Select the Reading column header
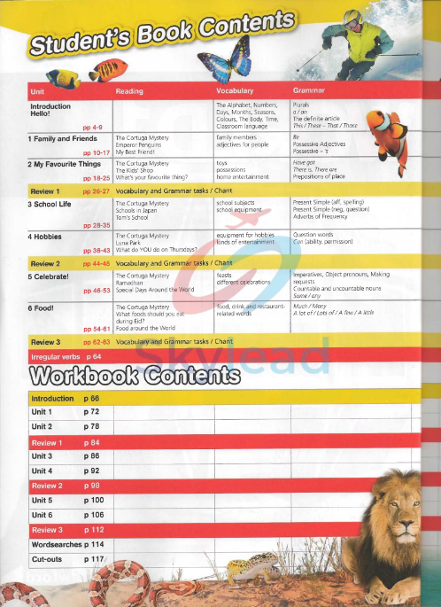pyautogui.click(x=130, y=91)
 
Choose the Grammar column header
pyautogui.click(x=308, y=91)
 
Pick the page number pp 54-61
pyautogui.click(x=95, y=328)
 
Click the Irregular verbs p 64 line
pyautogui.click(x=66, y=356)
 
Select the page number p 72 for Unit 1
pyautogui.click(x=91, y=412)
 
